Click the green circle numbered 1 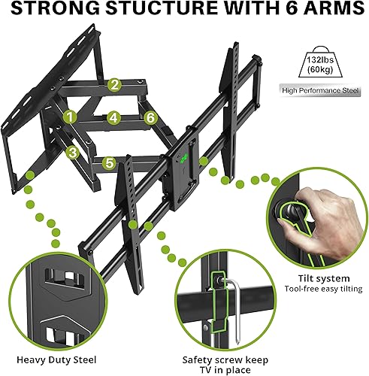coord(70,117)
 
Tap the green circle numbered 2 coord(113,84)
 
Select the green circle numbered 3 coord(73,153)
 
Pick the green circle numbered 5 coord(109,162)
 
